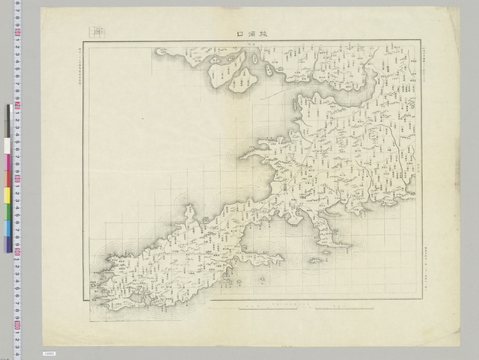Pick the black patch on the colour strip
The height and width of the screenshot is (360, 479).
point(8,118)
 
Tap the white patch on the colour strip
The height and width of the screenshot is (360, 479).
point(8,145)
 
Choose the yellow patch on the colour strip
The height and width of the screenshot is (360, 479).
point(8,196)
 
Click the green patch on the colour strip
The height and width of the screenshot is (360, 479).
point(8,211)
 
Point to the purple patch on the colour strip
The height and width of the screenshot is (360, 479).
point(8,243)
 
